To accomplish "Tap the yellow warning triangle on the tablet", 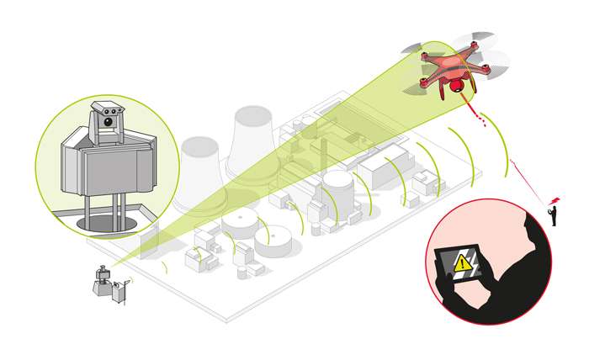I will click(462, 264).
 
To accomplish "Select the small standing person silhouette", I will click(553, 217).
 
